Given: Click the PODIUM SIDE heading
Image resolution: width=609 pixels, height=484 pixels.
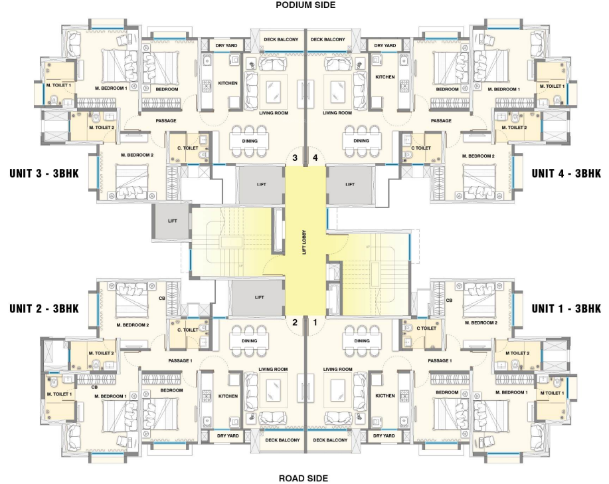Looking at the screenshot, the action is (305, 5).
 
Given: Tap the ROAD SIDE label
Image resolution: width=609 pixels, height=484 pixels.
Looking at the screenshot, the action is (304, 478).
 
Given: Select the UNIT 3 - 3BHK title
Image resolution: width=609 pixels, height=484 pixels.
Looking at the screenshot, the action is (44, 173).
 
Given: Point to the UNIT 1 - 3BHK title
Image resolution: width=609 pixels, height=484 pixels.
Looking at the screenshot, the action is (566, 308).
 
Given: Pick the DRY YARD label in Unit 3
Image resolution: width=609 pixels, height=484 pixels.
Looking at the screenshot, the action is (226, 45).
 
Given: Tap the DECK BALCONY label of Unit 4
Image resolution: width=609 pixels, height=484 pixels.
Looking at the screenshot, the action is (328, 39).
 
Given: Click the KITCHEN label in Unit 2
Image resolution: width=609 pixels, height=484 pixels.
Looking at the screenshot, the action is (228, 396).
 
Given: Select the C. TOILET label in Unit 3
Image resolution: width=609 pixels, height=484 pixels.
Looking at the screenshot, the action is (187, 148).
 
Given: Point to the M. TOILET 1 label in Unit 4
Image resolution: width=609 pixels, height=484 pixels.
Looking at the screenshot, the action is (552, 86).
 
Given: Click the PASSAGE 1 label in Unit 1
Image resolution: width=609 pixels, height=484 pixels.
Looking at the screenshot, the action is (440, 361).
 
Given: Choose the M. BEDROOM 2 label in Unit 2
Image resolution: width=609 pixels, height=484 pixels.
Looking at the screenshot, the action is (132, 325).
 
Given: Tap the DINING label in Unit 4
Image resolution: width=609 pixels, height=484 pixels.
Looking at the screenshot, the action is (361, 141).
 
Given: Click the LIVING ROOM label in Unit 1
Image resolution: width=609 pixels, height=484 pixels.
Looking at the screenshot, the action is (337, 370).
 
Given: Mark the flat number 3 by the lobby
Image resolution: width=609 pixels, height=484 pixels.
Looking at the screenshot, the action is (295, 158).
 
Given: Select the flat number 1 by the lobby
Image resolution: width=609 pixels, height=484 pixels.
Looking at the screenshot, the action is (315, 322).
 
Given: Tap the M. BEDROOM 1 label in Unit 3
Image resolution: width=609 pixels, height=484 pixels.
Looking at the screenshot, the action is (111, 88).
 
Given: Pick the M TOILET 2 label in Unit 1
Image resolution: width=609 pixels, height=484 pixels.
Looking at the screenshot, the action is (517, 354).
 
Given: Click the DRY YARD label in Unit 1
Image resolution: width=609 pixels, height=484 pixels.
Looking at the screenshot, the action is (384, 435).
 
